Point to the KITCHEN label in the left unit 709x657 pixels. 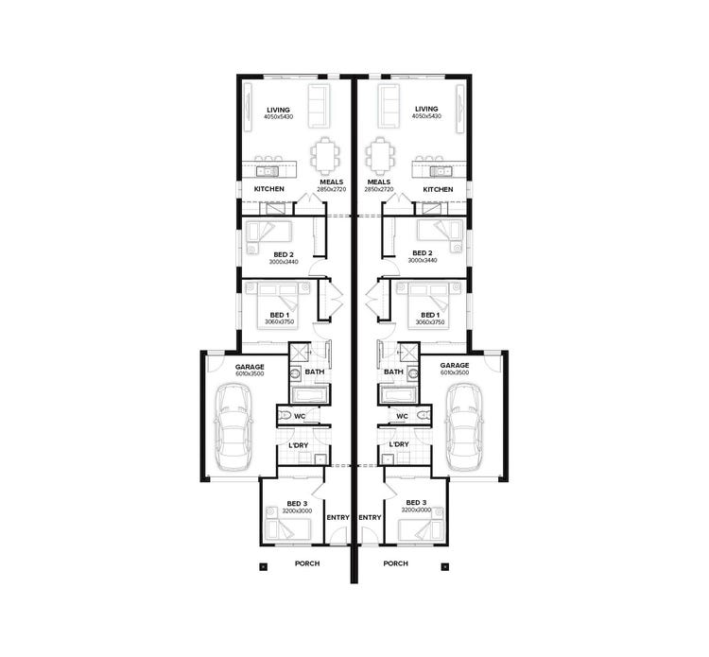pos(269,189)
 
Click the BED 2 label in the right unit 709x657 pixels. pos(423,253)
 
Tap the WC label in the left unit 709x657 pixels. pos(299,416)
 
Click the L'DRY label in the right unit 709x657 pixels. pos(399,443)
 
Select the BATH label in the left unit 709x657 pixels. pos(314,372)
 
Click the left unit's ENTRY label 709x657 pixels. pos(337,517)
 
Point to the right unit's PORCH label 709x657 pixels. pos(395,563)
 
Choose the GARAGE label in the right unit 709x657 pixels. pos(455,365)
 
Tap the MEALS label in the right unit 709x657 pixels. pos(378,182)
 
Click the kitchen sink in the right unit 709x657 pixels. pos(440,171)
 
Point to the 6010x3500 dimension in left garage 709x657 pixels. pos(250,373)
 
